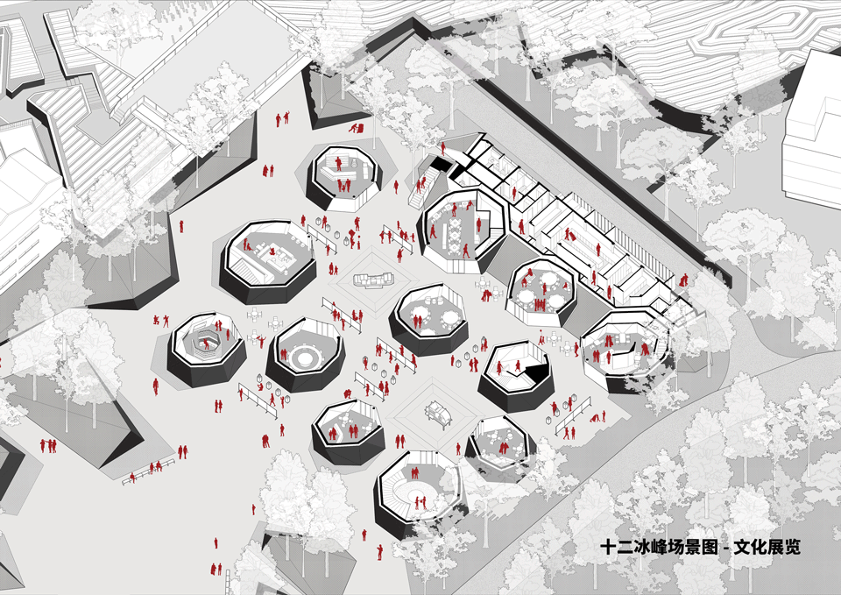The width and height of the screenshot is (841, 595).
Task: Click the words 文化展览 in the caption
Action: [x=767, y=547]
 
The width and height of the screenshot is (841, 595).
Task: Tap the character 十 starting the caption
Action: [x=608, y=548]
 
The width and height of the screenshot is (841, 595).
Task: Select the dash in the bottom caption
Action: [x=725, y=549]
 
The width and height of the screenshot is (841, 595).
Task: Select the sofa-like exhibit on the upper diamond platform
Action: [x=374, y=280]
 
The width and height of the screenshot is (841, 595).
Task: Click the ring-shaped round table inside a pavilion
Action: [x=305, y=357]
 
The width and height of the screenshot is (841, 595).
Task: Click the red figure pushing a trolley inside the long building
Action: [x=570, y=235]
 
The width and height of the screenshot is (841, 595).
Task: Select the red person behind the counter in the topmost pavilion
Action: [x=338, y=163]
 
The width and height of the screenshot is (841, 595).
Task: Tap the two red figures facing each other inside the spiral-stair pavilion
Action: [x=419, y=501]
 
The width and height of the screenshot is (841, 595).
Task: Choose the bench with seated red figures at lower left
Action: [x=149, y=471]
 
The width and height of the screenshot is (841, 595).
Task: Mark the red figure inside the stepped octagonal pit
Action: [x=207, y=344]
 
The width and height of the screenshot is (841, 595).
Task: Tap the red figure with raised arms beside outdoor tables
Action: [x=261, y=340]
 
